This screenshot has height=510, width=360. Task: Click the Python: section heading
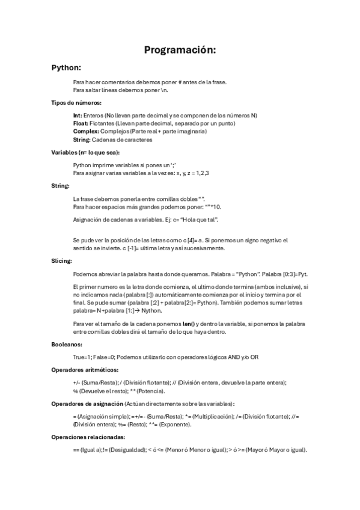66,68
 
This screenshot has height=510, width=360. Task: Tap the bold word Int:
78,115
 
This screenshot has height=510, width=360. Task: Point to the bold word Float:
81,123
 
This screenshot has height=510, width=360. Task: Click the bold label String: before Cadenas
82,140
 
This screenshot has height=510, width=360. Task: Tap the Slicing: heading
61,261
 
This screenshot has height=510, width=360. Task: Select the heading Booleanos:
66,345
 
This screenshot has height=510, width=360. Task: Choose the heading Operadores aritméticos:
85,369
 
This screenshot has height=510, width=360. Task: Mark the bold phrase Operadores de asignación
87,403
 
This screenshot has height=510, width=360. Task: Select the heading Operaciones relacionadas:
88,437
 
